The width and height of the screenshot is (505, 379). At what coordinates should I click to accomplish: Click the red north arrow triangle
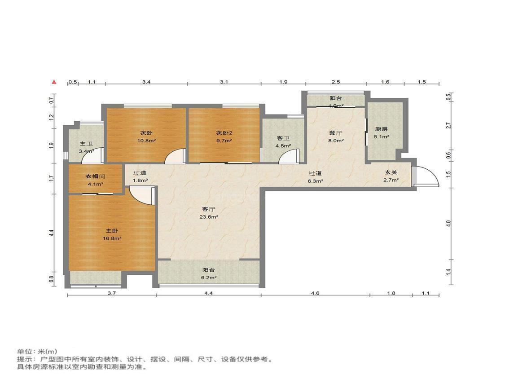click(x=54, y=82)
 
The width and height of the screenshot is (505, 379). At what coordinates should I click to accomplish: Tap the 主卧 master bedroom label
click(x=112, y=231)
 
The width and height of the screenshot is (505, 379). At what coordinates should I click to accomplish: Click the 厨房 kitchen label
click(x=382, y=129)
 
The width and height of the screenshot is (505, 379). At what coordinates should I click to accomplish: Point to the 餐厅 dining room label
click(x=336, y=133)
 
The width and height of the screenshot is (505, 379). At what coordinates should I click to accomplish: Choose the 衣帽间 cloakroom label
click(x=95, y=176)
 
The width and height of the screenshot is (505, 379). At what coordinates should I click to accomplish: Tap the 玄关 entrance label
click(x=391, y=173)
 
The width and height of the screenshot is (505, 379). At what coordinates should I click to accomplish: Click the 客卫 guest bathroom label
click(x=283, y=138)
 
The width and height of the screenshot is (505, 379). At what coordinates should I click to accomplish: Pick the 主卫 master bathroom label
click(x=86, y=144)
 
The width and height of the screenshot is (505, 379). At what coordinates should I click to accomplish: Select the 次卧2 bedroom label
click(x=224, y=133)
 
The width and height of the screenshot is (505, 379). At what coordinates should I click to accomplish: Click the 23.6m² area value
click(x=209, y=217)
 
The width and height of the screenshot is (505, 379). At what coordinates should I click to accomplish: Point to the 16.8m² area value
click(x=112, y=239)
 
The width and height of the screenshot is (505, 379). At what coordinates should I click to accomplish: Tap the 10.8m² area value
click(x=146, y=141)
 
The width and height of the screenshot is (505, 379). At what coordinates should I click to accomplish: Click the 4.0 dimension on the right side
click(x=448, y=223)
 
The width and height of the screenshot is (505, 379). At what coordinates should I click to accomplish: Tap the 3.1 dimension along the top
click(x=224, y=82)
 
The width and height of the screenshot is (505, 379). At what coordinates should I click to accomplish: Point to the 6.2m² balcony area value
click(x=209, y=278)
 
